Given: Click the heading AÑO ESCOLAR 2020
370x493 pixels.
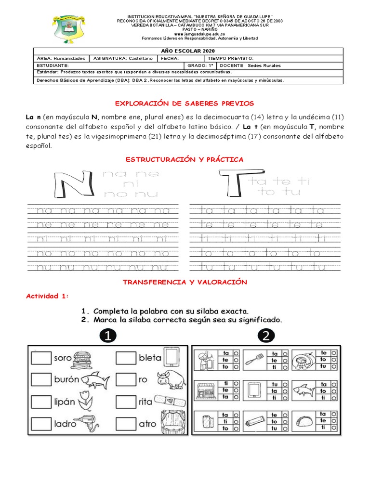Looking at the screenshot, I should click(x=188, y=51).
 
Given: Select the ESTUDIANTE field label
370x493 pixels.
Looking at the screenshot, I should click(x=53, y=65).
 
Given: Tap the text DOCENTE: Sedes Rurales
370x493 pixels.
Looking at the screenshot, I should click(x=250, y=65).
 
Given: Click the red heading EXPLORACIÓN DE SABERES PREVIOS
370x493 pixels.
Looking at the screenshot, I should click(x=184, y=104).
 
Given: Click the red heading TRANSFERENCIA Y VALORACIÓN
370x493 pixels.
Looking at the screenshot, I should click(x=185, y=283).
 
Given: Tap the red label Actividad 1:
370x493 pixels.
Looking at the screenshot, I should click(x=47, y=296).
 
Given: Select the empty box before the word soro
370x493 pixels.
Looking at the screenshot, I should click(x=41, y=358).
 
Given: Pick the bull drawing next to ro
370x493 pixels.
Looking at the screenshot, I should click(x=170, y=379).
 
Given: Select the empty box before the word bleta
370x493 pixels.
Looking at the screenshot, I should click(x=126, y=358).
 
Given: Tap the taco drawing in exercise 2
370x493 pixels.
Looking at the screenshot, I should click(x=304, y=420).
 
